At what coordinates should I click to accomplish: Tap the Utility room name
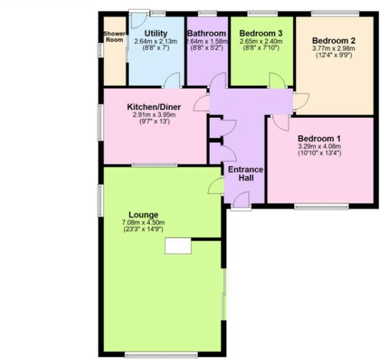156,34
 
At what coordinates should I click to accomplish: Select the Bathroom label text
207,34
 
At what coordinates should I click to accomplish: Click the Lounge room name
143,215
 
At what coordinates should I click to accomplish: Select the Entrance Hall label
245,173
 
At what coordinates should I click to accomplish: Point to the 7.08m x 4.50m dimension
143,222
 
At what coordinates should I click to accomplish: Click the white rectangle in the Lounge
178,246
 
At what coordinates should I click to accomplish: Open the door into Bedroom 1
280,123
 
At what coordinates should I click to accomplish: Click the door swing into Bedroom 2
301,101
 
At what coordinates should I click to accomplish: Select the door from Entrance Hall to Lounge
216,186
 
